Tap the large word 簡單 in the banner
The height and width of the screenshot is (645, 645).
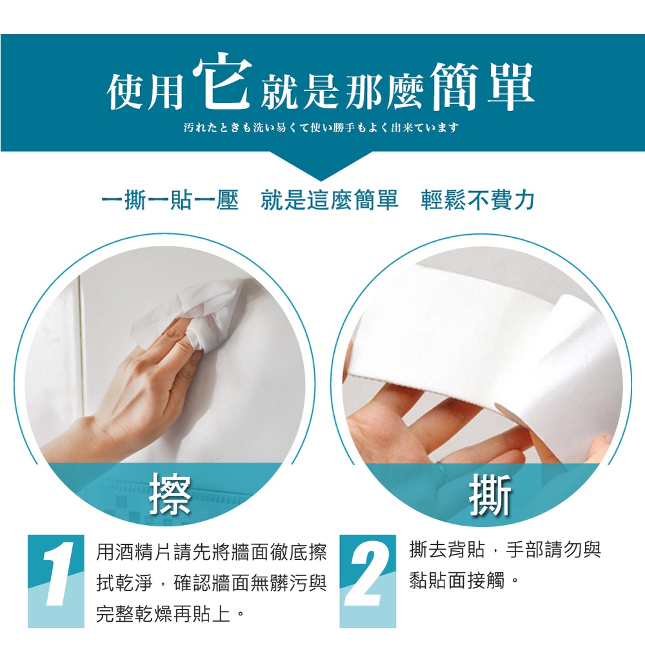coord(482,86)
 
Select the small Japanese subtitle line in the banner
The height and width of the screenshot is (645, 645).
coord(321,128)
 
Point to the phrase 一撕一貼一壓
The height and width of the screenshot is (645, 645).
coord(170,201)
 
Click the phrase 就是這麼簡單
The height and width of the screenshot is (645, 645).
coord(329,201)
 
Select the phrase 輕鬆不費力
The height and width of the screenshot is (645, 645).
coord(477,201)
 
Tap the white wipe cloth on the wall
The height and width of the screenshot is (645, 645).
coord(197,313)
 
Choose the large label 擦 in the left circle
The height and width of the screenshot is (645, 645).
coord(170,494)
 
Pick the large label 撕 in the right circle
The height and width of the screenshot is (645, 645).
coord(490,495)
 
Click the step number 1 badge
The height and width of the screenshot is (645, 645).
coord(56,581)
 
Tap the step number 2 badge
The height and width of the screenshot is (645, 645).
coord(368,581)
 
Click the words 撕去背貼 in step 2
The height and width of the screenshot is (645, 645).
coord(447,550)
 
